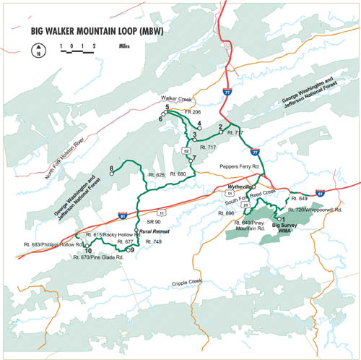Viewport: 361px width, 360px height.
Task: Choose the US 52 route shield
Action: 186,150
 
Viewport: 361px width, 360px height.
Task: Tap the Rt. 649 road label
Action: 300,197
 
